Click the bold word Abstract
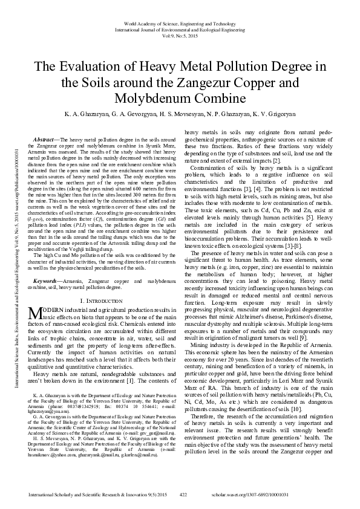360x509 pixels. point(44,139)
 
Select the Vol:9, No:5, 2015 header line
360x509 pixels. point(180,35)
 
